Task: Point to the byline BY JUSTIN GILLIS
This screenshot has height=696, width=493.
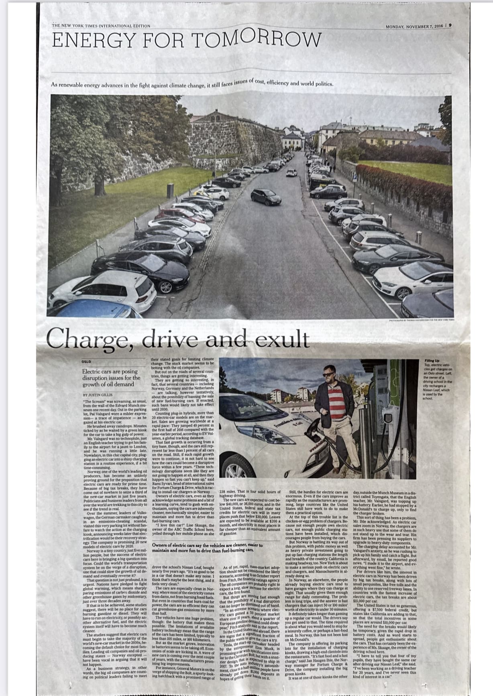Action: coord(98,395)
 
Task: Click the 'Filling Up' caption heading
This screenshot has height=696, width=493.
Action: coord(432,361)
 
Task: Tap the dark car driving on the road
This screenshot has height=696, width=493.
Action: coord(266,197)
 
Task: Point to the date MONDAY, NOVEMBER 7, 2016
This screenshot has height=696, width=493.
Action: coord(414,26)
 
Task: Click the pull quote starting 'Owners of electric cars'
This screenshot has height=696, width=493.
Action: coord(207,548)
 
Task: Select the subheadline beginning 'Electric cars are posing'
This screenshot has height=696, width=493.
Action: coord(111,378)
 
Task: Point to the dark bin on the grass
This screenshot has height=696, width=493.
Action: coord(170,190)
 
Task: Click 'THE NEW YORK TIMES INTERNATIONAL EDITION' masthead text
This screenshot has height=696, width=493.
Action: coord(101,26)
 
